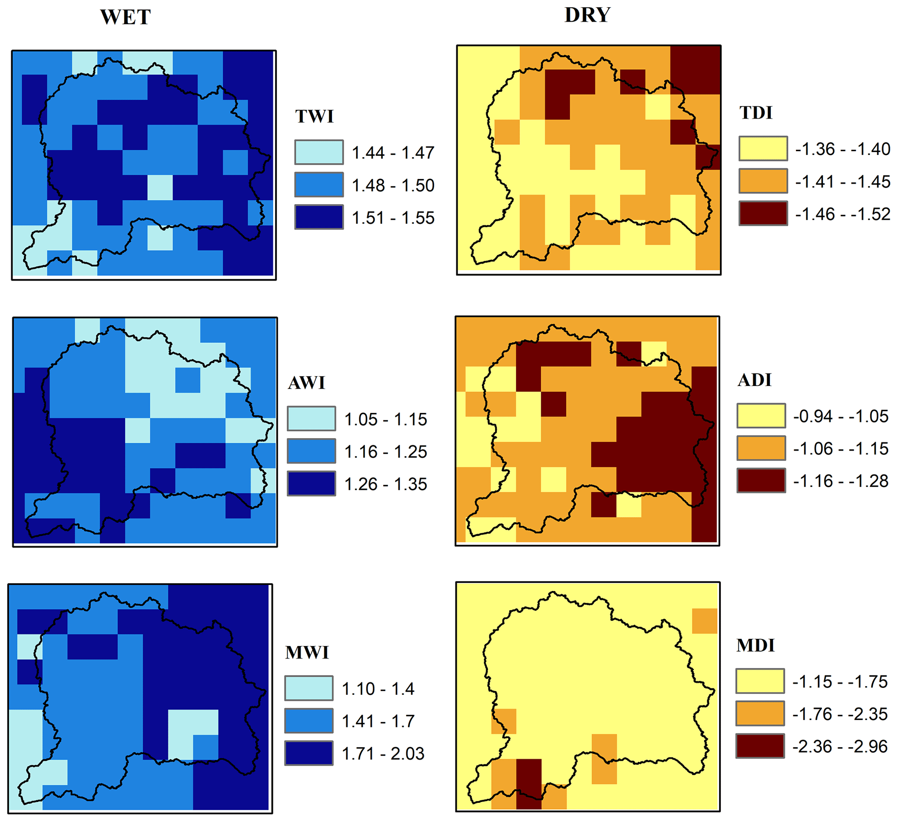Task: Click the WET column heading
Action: click(126, 17)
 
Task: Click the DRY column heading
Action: click(587, 15)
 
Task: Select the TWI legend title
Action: click(315, 116)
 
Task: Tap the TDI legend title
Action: click(756, 112)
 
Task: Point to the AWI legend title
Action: click(306, 383)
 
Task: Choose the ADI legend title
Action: click(755, 380)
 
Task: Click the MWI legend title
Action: click(307, 652)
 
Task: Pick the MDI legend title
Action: click(756, 645)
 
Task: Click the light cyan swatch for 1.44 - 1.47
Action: click(319, 152)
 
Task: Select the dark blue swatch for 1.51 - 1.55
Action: click(319, 217)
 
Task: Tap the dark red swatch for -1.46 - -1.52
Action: click(763, 214)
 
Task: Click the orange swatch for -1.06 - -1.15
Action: click(761, 448)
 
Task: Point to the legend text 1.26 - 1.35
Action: click(386, 484)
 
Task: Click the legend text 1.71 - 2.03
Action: click(383, 753)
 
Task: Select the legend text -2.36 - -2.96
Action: click(840, 746)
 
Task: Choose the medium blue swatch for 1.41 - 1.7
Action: click(309, 720)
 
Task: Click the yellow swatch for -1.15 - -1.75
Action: click(760, 681)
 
